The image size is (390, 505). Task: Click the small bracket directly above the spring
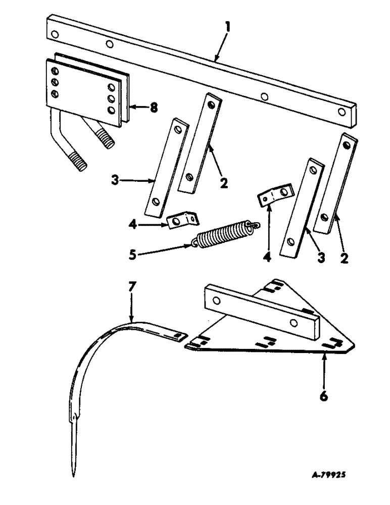[x=182, y=220]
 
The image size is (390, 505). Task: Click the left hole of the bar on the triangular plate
[x=216, y=301]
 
